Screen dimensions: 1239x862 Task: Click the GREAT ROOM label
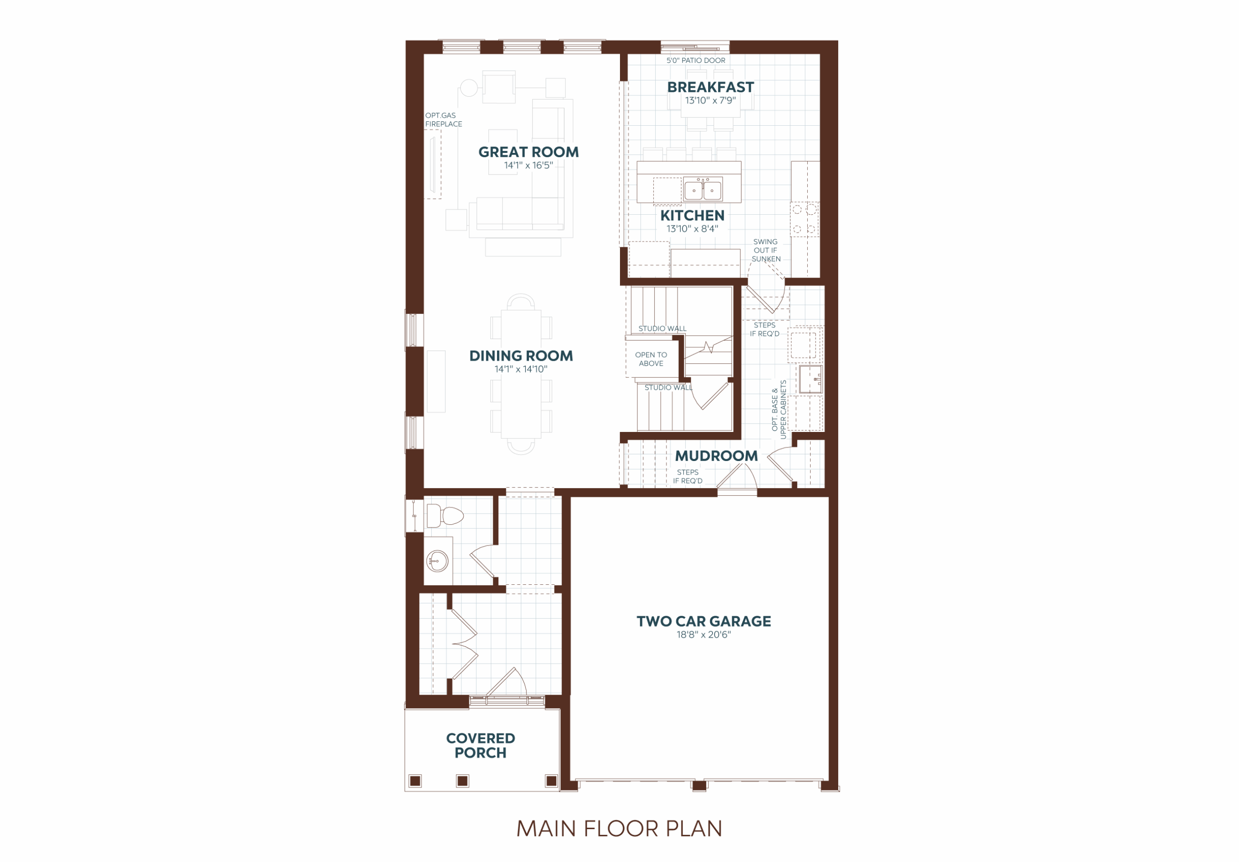[x=529, y=152]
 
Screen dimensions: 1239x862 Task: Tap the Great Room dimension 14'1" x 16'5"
[x=529, y=165]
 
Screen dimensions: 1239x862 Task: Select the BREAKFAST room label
[x=710, y=87]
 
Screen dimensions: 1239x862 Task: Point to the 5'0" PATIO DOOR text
[x=695, y=60]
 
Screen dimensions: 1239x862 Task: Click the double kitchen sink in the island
[x=703, y=189]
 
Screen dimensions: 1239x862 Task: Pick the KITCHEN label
[x=693, y=215]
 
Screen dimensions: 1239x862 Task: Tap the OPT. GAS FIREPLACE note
[x=444, y=120]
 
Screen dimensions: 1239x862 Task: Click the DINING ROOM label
[x=521, y=356]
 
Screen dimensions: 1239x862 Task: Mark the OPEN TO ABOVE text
[x=651, y=359]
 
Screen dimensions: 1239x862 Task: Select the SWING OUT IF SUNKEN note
[x=766, y=250]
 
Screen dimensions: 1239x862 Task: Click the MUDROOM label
[x=716, y=456]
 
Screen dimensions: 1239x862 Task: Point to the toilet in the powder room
[x=445, y=516]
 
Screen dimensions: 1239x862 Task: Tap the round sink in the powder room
[x=437, y=562]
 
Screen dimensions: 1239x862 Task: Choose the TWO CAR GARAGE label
[x=704, y=622]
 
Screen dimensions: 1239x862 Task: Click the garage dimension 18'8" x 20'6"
[x=704, y=635]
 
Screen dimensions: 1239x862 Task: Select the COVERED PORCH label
[x=480, y=745]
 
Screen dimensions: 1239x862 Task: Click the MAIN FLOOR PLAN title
[x=619, y=829]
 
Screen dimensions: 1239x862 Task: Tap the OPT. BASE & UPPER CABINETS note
[x=779, y=409]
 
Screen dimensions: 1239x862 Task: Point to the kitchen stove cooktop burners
[x=804, y=220]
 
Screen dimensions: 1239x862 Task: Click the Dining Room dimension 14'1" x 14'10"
[x=521, y=370]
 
